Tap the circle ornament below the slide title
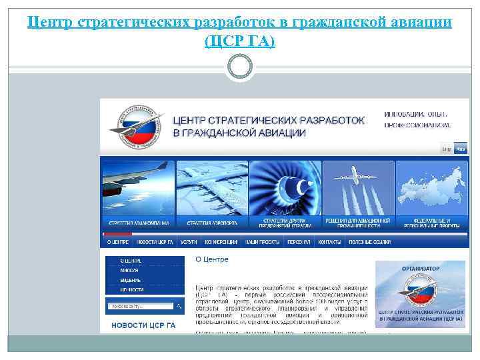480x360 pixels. pyautogui.click(x=240, y=67)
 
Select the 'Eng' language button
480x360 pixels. pyautogui.click(x=447, y=149)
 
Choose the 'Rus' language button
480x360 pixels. pyautogui.click(x=461, y=149)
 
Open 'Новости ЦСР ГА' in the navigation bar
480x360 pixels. pyautogui.click(x=157, y=243)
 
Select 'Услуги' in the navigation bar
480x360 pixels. pyautogui.click(x=188, y=243)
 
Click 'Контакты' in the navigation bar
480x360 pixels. pyautogui.click(x=330, y=243)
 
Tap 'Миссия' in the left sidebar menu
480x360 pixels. pyautogui.click(x=129, y=271)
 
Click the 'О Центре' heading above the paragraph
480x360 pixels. pyautogui.click(x=211, y=259)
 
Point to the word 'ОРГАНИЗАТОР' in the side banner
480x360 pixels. pyautogui.click(x=420, y=268)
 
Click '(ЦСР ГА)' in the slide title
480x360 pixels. pyautogui.click(x=240, y=42)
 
